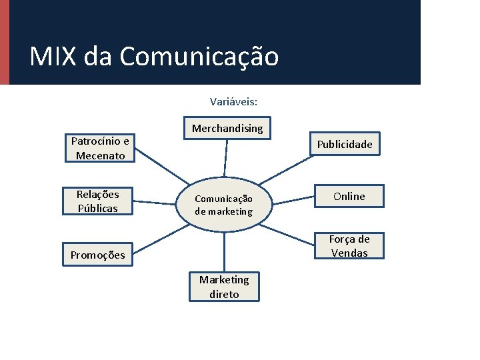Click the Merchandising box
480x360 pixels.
[x=227, y=128]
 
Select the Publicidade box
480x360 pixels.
[x=345, y=144]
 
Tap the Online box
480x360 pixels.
[x=349, y=196]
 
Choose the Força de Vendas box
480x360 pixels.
[x=349, y=245]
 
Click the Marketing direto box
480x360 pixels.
[x=224, y=287]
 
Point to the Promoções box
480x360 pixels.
[x=98, y=255]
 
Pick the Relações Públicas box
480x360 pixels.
[x=98, y=201]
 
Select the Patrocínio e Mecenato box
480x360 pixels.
[x=100, y=148]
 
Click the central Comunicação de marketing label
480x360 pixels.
[x=223, y=205]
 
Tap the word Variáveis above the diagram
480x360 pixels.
[x=233, y=101]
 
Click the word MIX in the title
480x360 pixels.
[x=53, y=57]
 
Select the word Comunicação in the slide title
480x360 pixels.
[x=199, y=57]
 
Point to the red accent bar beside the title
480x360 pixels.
[x=4, y=42]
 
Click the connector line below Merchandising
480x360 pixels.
[x=226, y=157]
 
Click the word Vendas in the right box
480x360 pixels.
[x=349, y=253]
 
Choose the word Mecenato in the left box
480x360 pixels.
[x=100, y=155]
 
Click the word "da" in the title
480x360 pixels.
[x=98, y=57]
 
